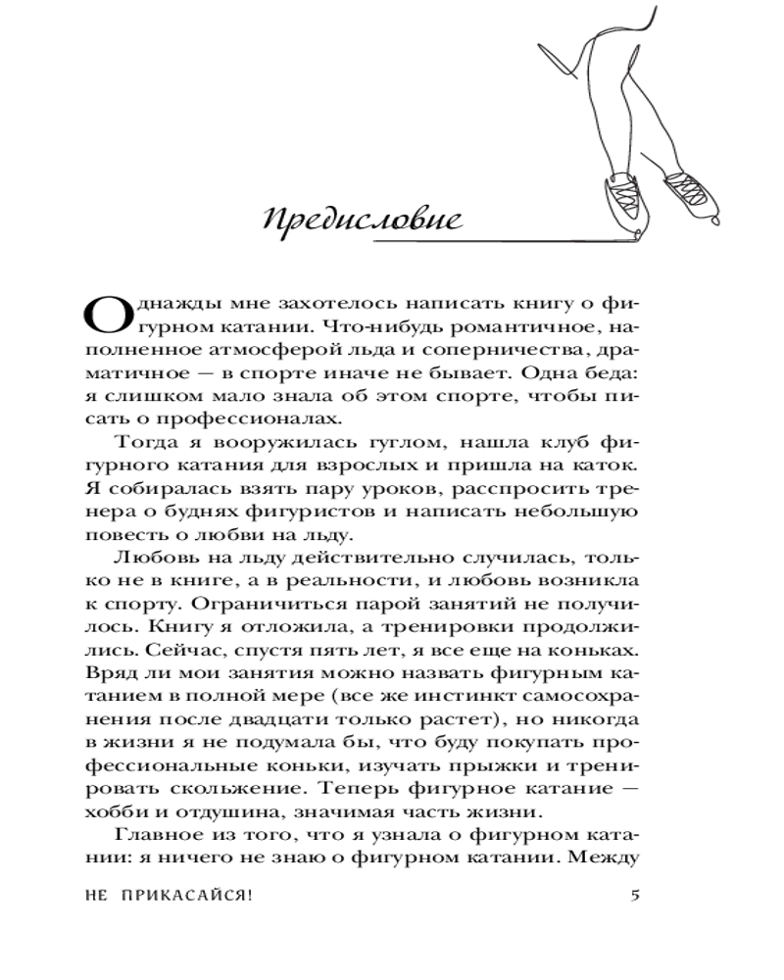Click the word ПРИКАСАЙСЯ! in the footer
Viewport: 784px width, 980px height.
pyautogui.click(x=187, y=894)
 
